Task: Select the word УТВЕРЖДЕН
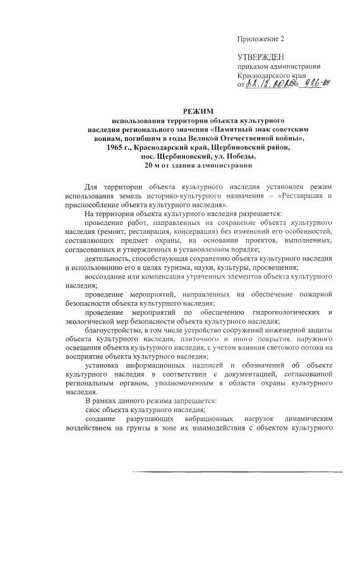coord(261,58)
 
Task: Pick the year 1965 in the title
coord(117,147)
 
